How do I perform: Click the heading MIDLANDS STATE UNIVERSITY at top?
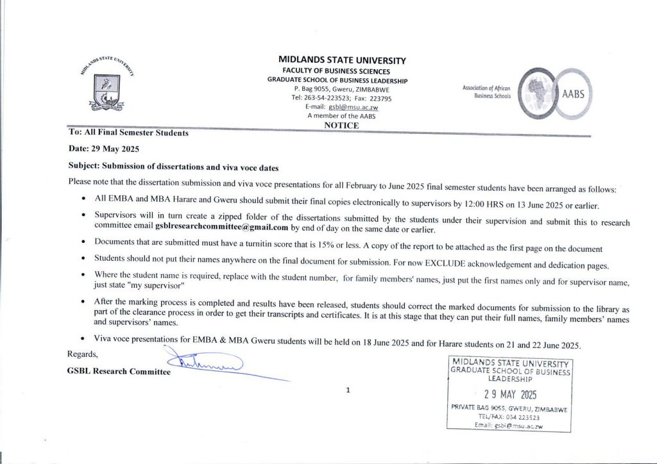coord(342,60)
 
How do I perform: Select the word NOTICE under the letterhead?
coord(341,126)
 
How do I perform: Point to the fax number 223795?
coord(377,99)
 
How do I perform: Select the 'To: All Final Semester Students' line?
coord(128,133)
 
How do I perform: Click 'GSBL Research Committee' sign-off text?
coord(119,372)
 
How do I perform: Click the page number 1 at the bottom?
coord(347,389)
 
